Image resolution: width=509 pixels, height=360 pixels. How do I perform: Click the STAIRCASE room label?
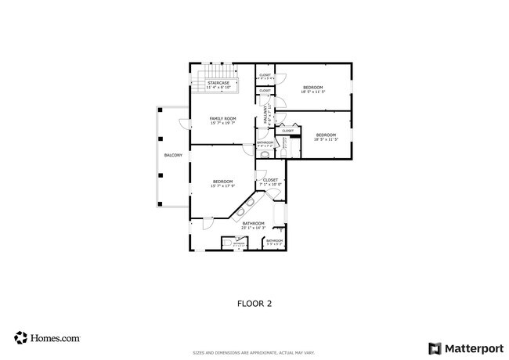[218, 82]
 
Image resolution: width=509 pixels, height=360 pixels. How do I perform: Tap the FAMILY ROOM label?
[222, 118]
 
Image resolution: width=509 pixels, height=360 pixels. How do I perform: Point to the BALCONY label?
[173, 155]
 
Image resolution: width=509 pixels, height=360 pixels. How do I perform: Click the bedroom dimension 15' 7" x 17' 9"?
[222, 186]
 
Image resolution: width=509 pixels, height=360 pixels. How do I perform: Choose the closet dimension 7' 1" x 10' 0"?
[270, 185]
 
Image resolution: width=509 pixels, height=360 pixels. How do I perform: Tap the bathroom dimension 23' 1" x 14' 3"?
[253, 228]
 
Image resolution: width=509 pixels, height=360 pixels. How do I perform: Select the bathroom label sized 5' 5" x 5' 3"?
[274, 241]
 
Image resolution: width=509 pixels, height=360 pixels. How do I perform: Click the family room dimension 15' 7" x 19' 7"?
[222, 123]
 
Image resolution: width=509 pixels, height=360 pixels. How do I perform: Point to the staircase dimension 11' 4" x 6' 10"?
[218, 87]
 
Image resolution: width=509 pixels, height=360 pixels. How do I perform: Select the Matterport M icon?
[434, 347]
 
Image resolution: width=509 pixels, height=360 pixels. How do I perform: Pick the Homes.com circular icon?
[20, 338]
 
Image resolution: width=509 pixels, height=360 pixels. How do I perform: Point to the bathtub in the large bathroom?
[280, 211]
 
